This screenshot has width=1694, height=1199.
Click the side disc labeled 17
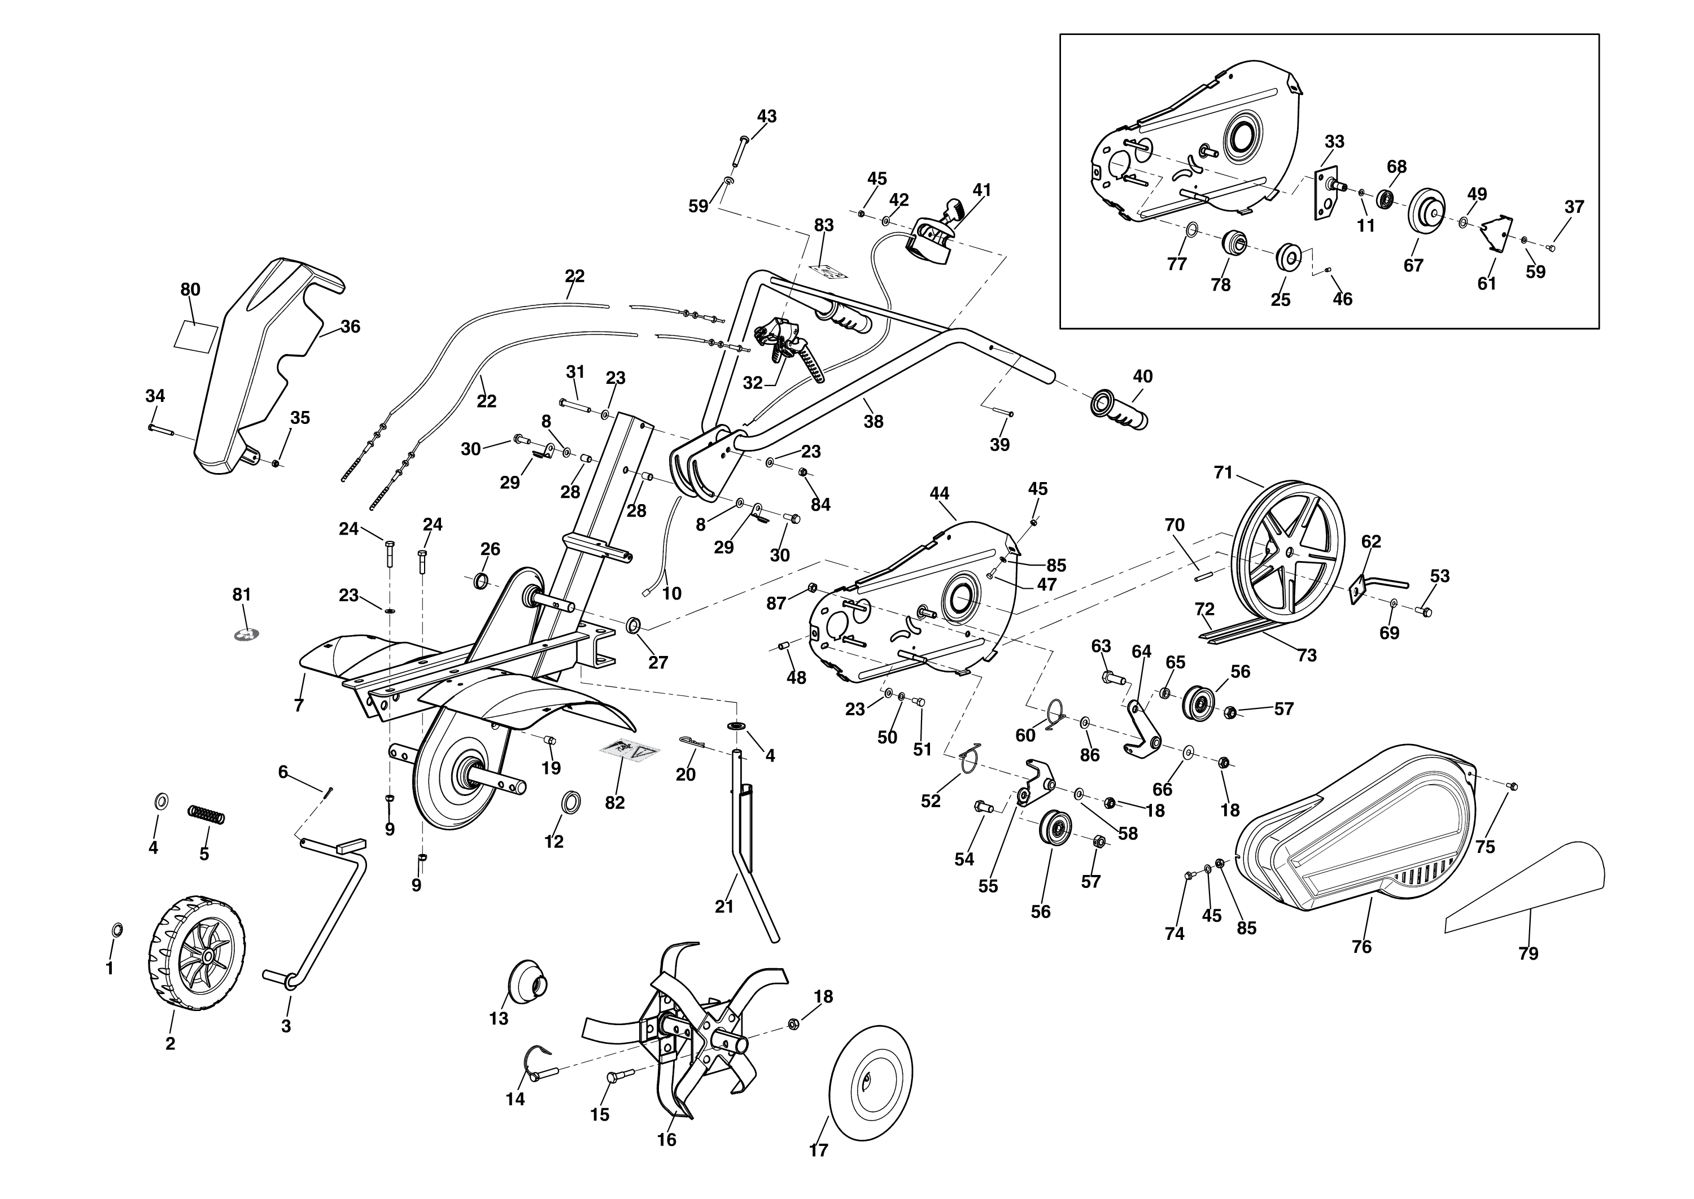coord(871,1082)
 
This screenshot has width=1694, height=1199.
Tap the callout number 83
coord(823,225)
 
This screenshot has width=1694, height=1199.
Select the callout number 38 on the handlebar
coord(874,422)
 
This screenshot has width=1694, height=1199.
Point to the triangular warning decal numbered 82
coord(628,751)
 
